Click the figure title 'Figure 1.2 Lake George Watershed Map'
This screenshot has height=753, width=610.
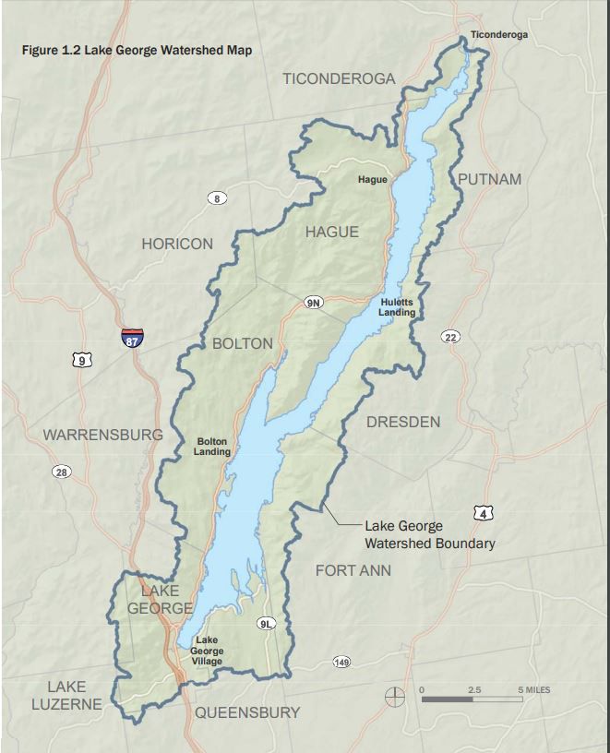137,50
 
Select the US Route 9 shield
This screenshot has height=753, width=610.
83,361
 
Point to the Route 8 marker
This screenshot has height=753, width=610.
217,198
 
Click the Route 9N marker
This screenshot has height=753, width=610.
314,303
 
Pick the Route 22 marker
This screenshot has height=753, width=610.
450,338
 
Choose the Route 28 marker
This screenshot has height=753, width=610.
61,472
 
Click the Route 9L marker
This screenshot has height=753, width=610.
266,624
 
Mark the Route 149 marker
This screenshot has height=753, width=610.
341,662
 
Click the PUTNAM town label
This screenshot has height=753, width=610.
489,179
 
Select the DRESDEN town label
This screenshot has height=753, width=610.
403,422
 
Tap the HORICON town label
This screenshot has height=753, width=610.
177,244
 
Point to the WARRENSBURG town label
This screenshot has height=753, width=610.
102,434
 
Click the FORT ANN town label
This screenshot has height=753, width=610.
353,570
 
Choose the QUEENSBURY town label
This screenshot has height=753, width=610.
247,712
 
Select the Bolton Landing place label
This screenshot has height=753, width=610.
211,447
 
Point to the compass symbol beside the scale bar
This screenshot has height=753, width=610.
395,694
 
